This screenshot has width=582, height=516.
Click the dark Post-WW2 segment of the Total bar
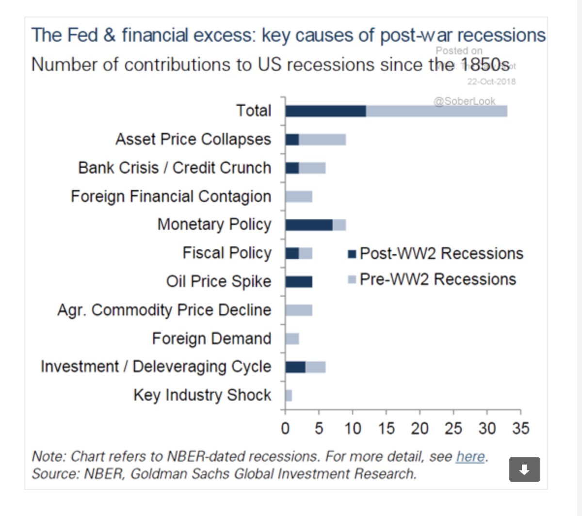(325, 111)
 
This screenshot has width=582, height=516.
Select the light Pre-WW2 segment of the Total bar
(436, 111)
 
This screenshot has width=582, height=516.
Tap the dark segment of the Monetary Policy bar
(309, 225)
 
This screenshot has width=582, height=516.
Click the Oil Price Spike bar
(299, 282)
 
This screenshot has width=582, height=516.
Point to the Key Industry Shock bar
(289, 396)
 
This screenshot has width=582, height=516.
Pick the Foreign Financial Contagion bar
(299, 196)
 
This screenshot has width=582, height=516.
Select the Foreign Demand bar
(292, 339)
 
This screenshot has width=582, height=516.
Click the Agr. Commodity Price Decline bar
(299, 310)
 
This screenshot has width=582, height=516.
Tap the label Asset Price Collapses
(193, 139)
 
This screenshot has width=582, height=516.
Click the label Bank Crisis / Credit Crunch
(175, 168)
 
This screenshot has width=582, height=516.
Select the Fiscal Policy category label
(227, 253)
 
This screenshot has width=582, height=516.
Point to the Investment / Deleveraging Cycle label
(156, 367)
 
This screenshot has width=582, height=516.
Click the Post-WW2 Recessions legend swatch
(352, 254)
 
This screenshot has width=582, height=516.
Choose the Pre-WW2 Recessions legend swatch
(352, 280)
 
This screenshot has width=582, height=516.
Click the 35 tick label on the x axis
(520, 429)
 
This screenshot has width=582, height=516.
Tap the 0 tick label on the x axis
(285, 429)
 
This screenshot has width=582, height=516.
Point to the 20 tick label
(420, 429)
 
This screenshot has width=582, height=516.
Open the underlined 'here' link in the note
(470, 457)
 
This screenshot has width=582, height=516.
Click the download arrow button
(524, 469)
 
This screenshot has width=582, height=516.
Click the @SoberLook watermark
(464, 101)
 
